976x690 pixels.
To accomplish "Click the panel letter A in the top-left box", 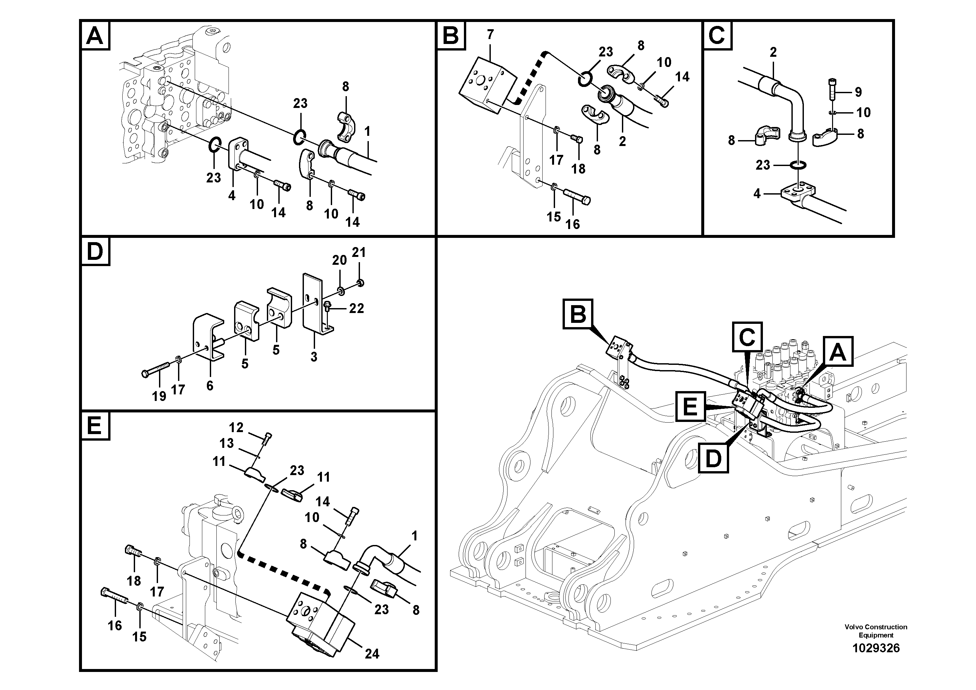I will (94, 36).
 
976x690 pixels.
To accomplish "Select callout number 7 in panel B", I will (490, 35).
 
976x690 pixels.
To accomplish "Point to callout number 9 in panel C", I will (858, 92).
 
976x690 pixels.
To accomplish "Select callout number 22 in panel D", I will (356, 308).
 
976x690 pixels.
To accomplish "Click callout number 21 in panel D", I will (359, 253).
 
